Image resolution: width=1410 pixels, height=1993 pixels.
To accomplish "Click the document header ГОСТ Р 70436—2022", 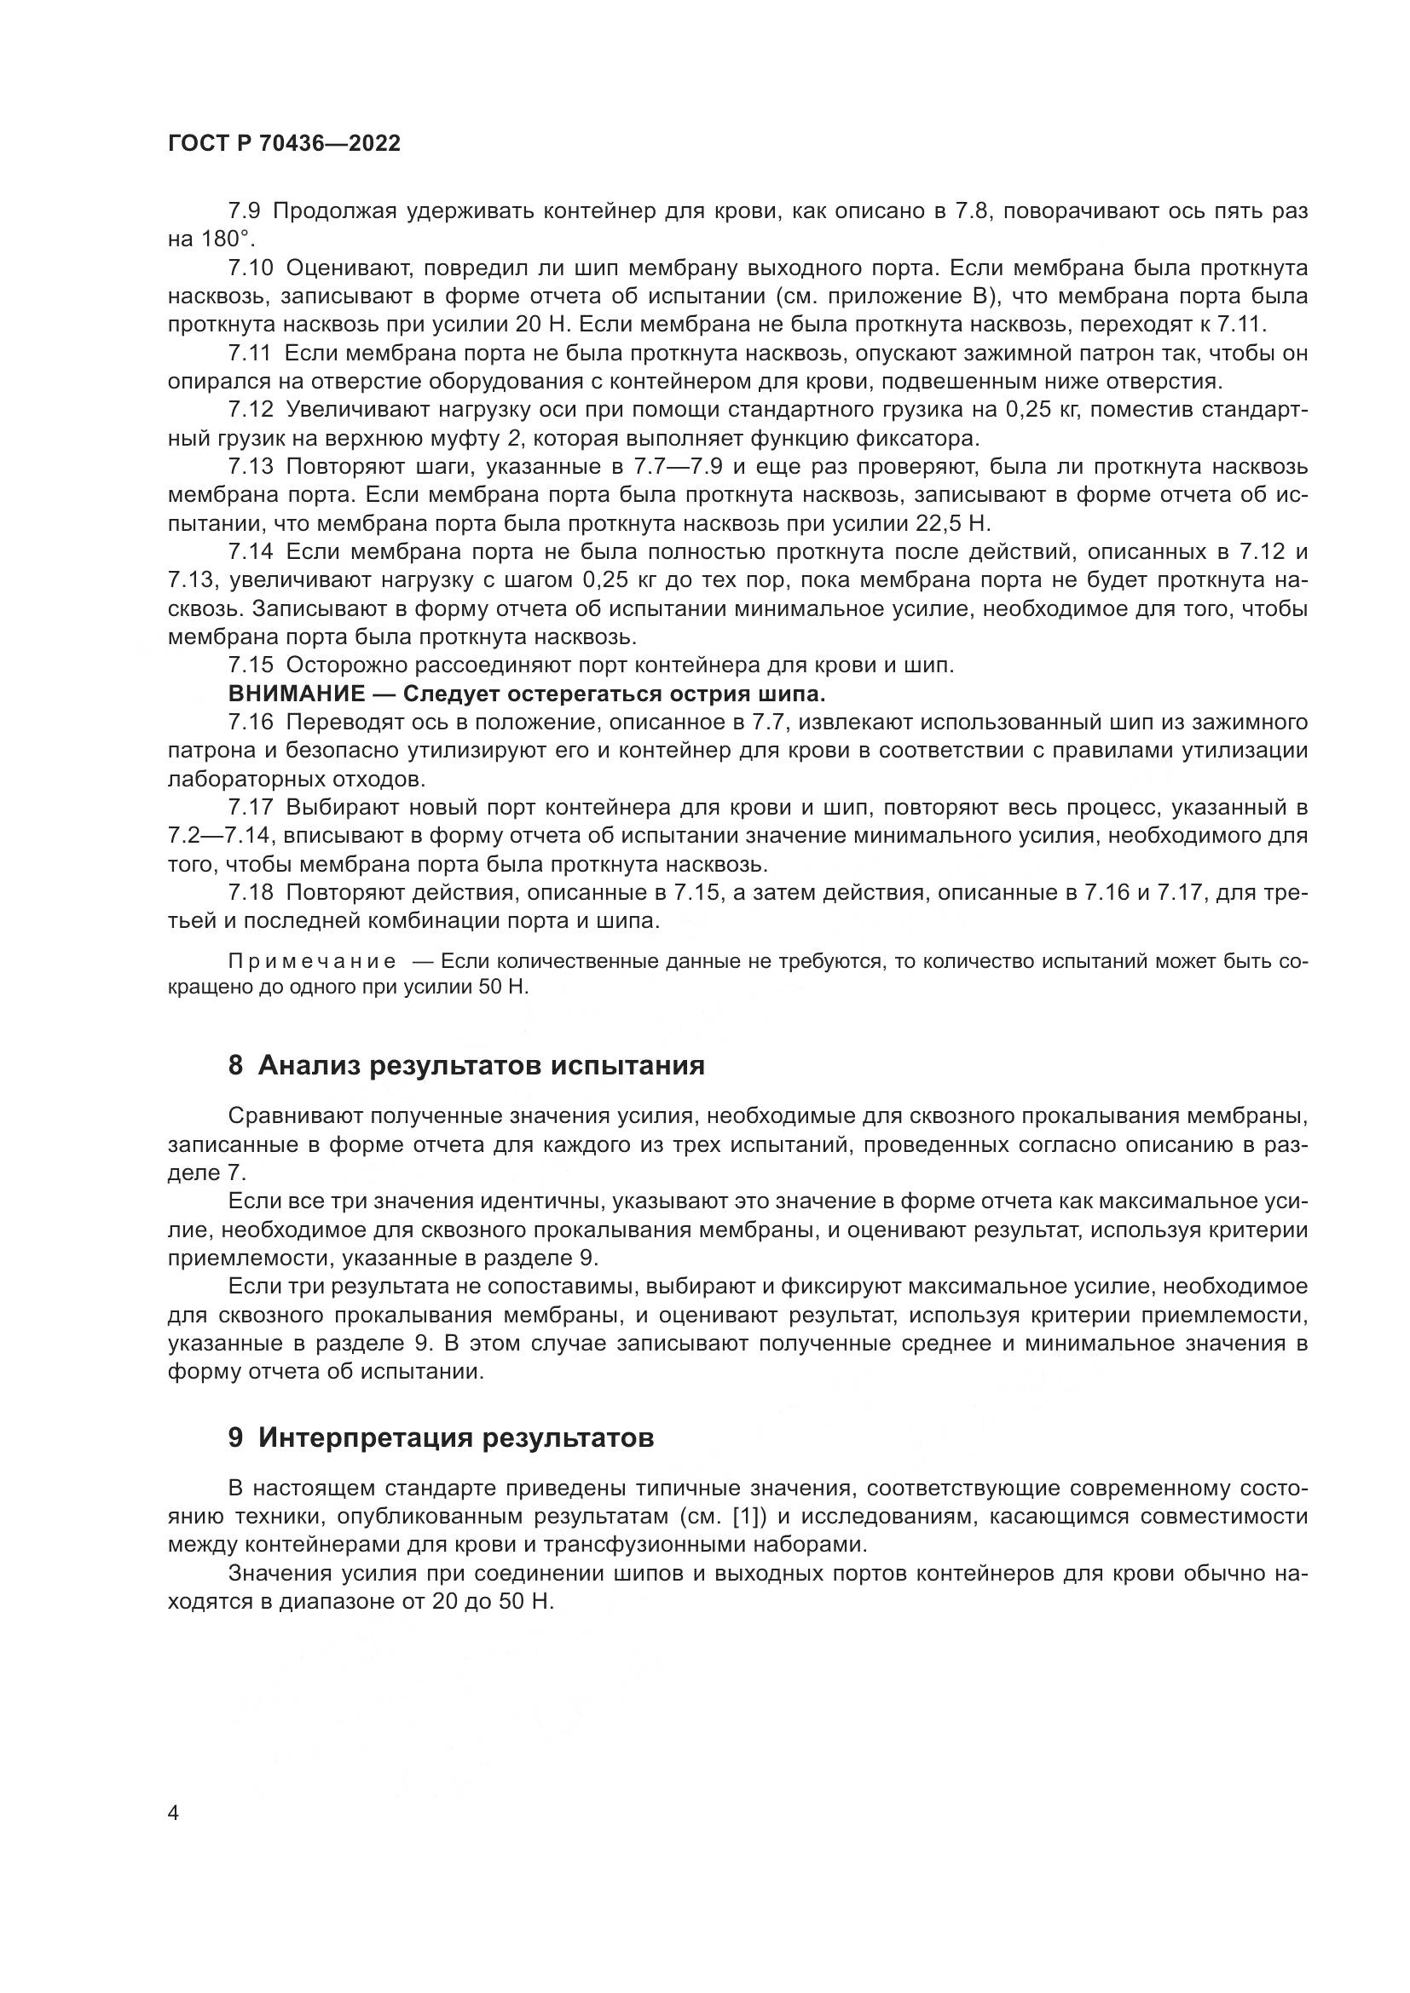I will click(284, 144).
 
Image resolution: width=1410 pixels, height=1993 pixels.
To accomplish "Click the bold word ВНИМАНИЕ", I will click(296, 694).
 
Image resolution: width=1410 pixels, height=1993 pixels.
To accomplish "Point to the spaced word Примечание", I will click(312, 962).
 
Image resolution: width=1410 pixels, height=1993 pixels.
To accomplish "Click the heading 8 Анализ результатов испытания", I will click(466, 1065).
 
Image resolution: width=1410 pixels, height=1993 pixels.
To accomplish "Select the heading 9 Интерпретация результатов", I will click(441, 1438).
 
